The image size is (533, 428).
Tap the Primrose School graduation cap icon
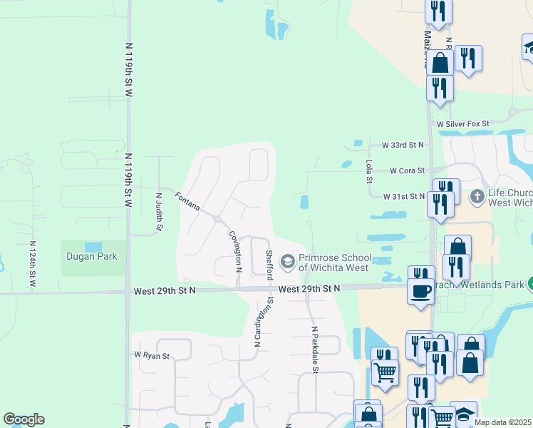287,263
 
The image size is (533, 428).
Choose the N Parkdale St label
314,350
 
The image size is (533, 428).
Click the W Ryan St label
151,355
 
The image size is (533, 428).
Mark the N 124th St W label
32,264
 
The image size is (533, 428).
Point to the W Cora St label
407,171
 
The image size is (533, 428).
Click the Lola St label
369,171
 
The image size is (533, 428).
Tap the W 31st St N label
403,196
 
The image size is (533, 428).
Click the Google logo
24,419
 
